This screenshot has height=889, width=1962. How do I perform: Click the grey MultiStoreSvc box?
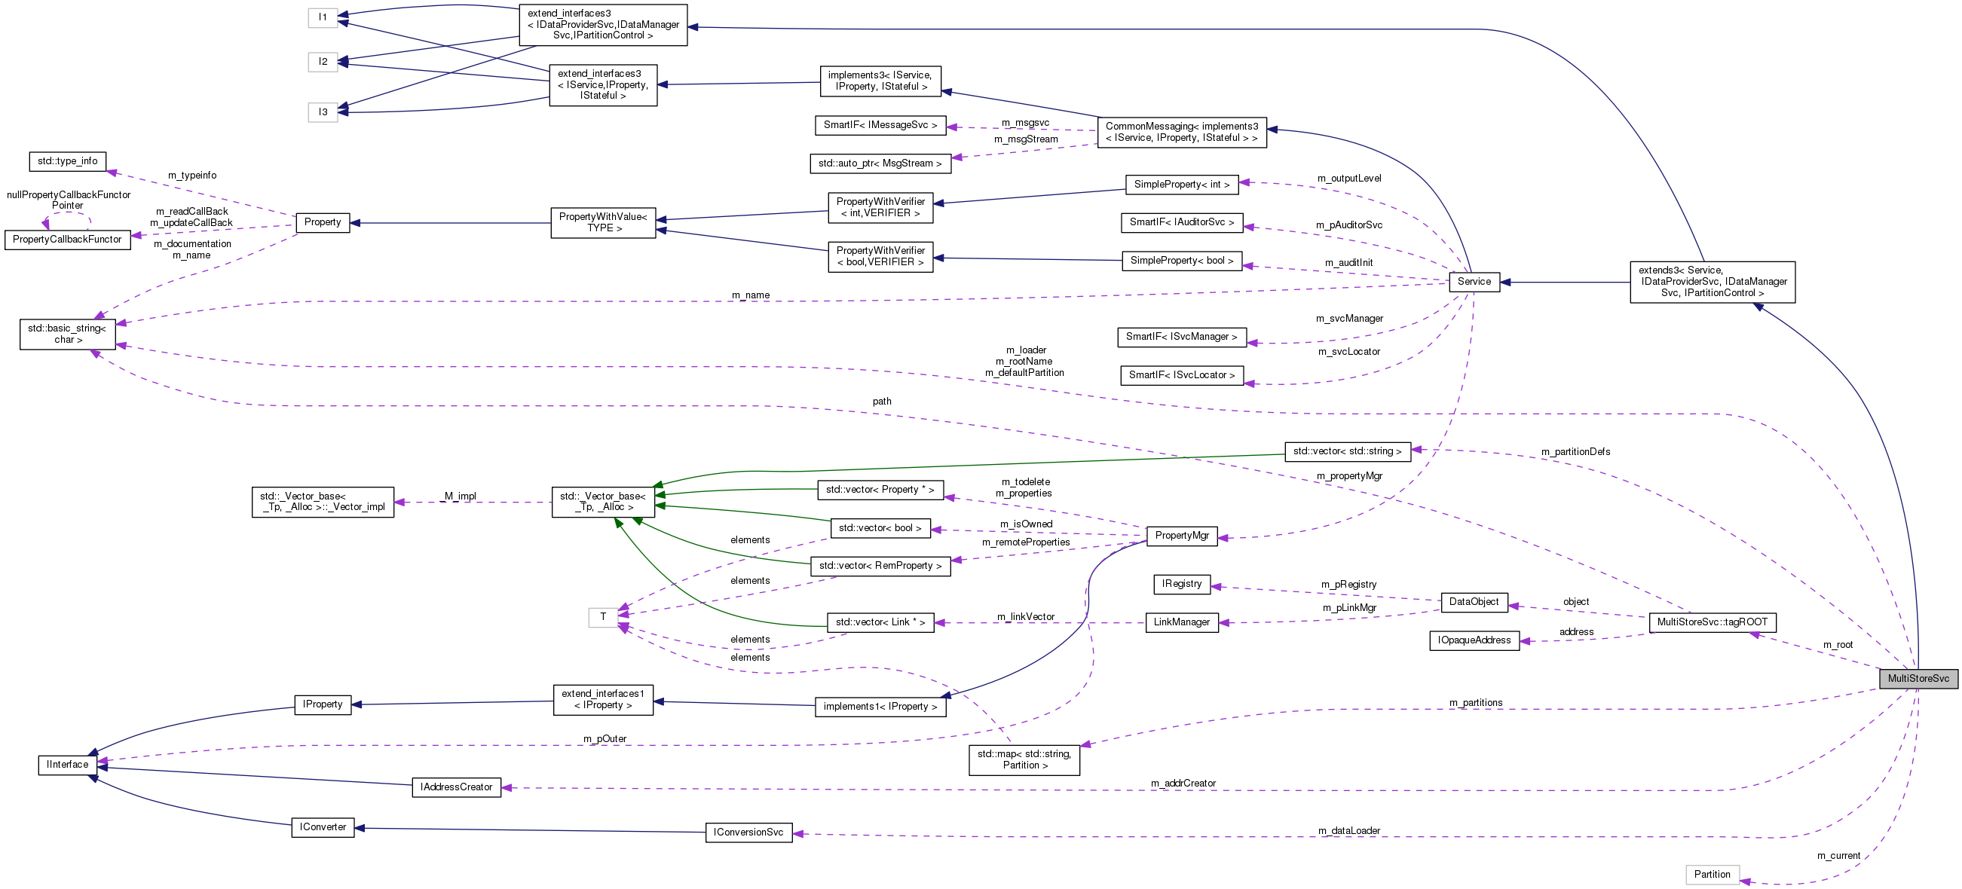1917,678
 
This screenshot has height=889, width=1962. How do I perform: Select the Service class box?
1474,282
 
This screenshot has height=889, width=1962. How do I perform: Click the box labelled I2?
323,62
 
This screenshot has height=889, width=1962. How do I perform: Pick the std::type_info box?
68,161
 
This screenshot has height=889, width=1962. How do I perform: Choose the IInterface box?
67,764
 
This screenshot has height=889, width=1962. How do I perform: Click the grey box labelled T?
602,617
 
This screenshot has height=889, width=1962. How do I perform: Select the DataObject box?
1473,602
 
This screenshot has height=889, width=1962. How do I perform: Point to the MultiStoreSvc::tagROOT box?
1712,622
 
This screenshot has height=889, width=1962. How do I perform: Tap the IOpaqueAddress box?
1474,641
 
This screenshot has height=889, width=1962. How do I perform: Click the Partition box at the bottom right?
1712,875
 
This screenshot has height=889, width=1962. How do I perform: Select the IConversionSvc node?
748,832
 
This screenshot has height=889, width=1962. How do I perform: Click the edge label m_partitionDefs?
1575,452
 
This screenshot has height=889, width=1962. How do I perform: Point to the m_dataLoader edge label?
1349,830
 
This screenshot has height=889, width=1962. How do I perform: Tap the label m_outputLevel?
1349,179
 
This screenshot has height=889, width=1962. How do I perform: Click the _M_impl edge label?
458,496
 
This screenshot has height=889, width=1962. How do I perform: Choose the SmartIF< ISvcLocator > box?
1181,375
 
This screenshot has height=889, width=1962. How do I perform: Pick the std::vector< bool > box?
880,528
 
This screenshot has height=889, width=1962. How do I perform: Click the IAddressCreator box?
456,787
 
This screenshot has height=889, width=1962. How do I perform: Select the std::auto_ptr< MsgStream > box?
880,163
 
